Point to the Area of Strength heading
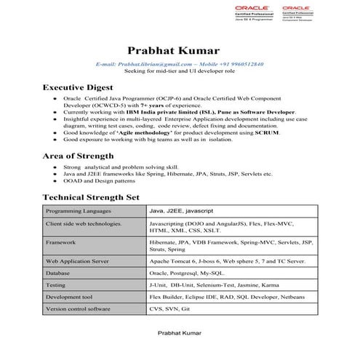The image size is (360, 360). click(x=78, y=156)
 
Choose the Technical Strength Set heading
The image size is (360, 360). click(x=91, y=196)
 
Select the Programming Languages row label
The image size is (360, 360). click(x=74, y=211)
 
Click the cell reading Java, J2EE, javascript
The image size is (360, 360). click(x=181, y=211)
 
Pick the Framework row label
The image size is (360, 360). click(x=61, y=241)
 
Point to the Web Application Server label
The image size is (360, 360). click(x=78, y=260)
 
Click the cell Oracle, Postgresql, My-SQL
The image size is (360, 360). click(x=185, y=273)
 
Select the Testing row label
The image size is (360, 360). click(x=56, y=285)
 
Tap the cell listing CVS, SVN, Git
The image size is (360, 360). click(x=169, y=309)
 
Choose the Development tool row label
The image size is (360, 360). click(x=70, y=297)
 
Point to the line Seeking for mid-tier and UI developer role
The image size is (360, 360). click(x=180, y=72)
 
